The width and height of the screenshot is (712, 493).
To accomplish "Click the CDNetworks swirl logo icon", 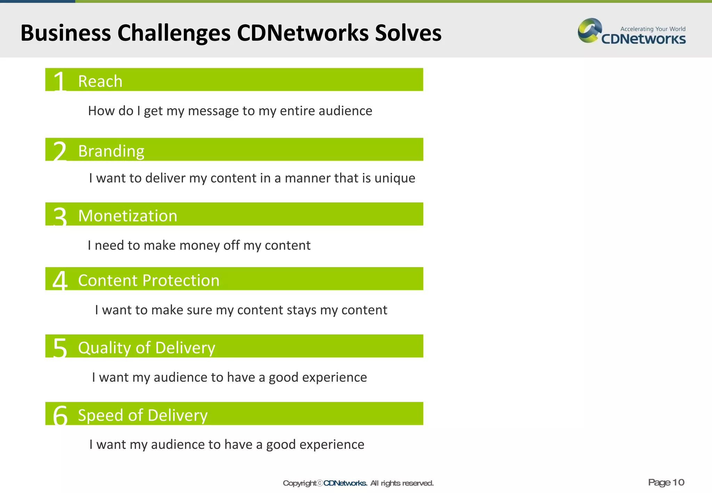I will pos(589,31).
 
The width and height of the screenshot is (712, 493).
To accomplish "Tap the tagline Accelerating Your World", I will pos(653,29).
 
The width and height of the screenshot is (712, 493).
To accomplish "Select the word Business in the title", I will pos(65,33).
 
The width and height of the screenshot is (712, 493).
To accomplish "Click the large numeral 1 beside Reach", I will pos(60,81).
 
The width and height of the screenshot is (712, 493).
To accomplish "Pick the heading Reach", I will pos(100,81).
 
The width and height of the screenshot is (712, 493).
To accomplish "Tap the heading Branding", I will pos(111,151).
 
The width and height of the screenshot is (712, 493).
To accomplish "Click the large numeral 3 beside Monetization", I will pos(60,216).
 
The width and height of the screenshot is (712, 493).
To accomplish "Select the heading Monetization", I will pos(128,216).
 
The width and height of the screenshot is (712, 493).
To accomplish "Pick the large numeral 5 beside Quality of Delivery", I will pos(60,348).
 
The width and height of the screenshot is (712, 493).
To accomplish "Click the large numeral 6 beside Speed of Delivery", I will pos(60,415).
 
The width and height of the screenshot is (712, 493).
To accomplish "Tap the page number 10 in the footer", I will pos(678,482).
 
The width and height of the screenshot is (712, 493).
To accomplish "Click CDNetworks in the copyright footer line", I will pos(345,483).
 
